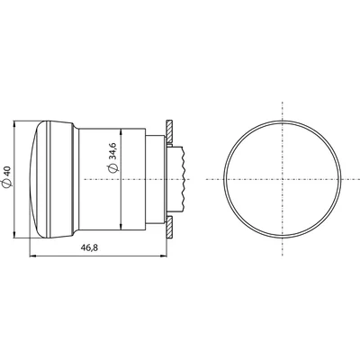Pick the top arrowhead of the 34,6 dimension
[x=121, y=128]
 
